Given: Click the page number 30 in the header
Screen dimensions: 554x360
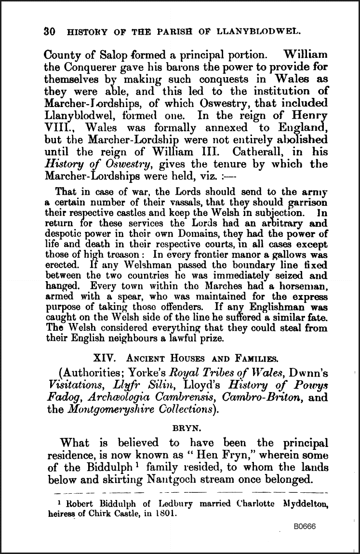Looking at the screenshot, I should pyautogui.click(x=49, y=32).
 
